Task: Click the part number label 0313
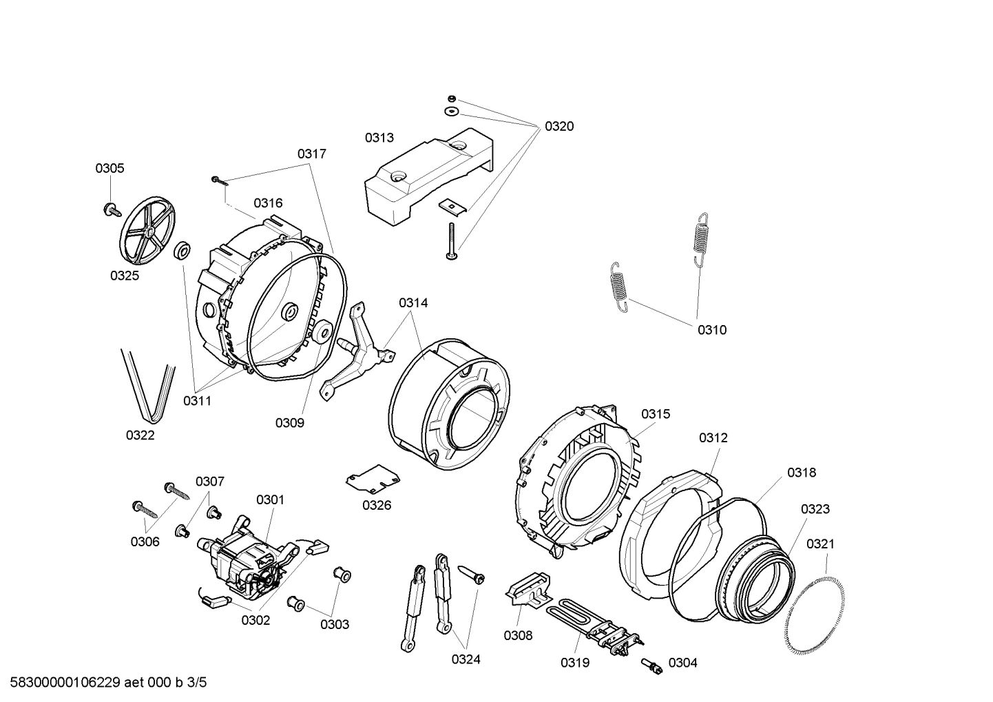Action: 379,138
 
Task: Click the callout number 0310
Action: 712,330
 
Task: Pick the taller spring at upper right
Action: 699,238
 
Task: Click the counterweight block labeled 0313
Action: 427,176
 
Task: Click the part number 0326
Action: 377,505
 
